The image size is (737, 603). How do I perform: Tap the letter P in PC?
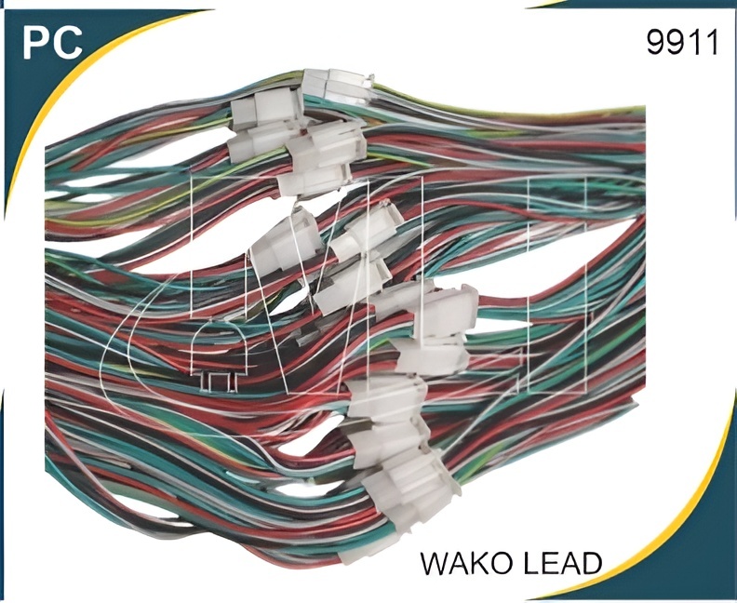click(x=36, y=41)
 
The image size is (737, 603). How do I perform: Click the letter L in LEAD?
click(x=528, y=563)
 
